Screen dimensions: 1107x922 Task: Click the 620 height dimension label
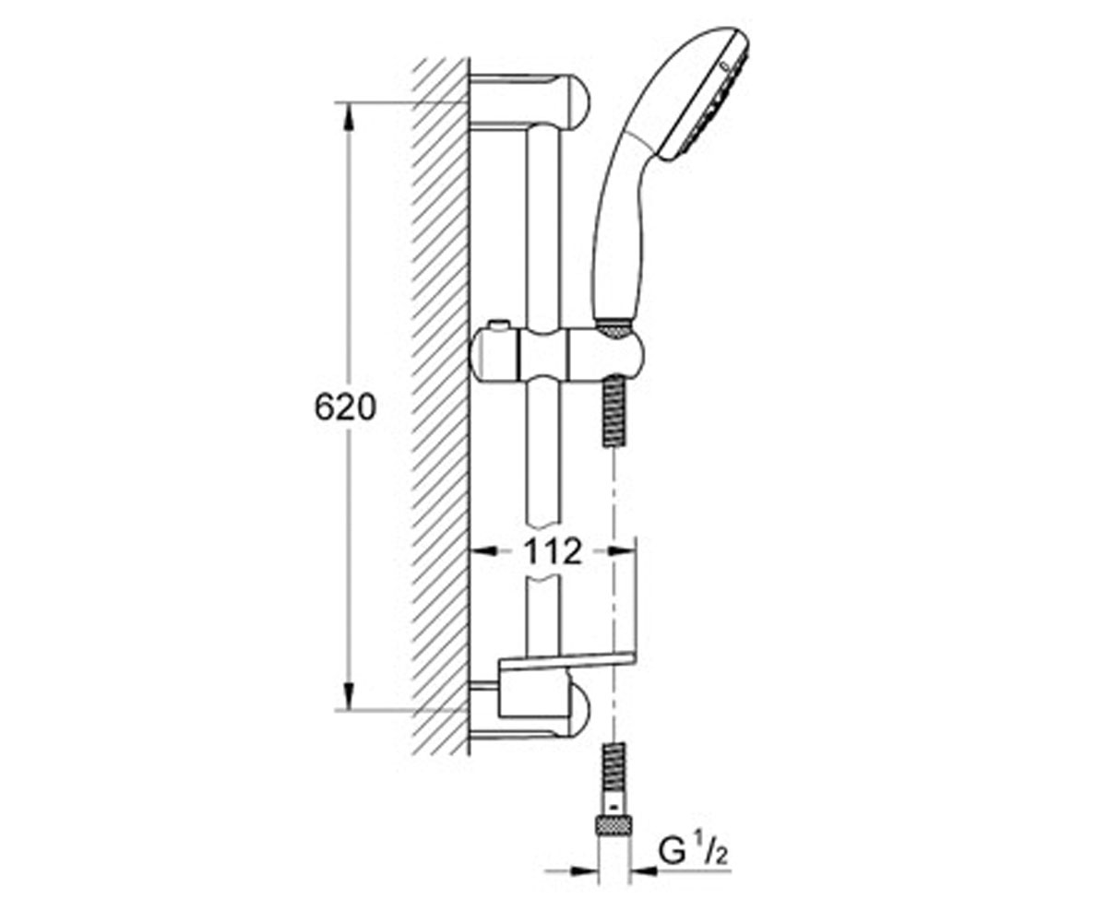coord(345,408)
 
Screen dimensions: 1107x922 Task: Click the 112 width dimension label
coord(553,551)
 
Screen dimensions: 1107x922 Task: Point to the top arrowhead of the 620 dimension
coord(349,115)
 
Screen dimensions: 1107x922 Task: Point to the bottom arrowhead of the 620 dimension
coord(349,696)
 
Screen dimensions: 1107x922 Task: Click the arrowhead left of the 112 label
coord(483,551)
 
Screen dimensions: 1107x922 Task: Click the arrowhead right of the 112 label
coord(622,551)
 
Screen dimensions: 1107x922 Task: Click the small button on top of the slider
coord(499,325)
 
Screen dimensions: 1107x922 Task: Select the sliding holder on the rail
coord(556,354)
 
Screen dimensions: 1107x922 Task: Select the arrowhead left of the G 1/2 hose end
coord(584,870)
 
